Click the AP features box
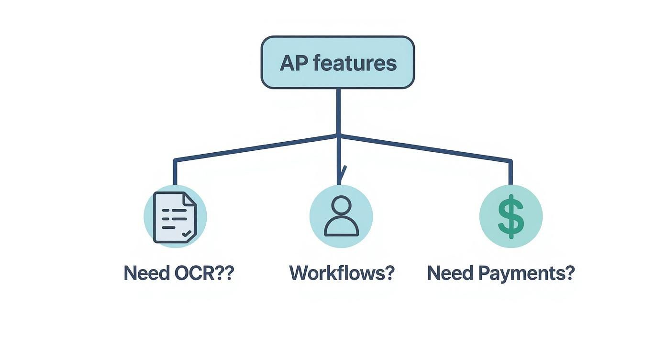(337, 62)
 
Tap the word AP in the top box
(292, 63)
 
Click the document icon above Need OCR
(175, 217)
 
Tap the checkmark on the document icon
(187, 234)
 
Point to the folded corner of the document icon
(190, 198)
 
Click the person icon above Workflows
(341, 216)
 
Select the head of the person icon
(341, 206)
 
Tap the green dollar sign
(511, 216)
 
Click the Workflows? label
(342, 273)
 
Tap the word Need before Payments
(446, 273)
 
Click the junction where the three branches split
(339, 135)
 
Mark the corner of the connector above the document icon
(175, 160)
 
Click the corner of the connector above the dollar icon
(511, 161)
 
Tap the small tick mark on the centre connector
(343, 171)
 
